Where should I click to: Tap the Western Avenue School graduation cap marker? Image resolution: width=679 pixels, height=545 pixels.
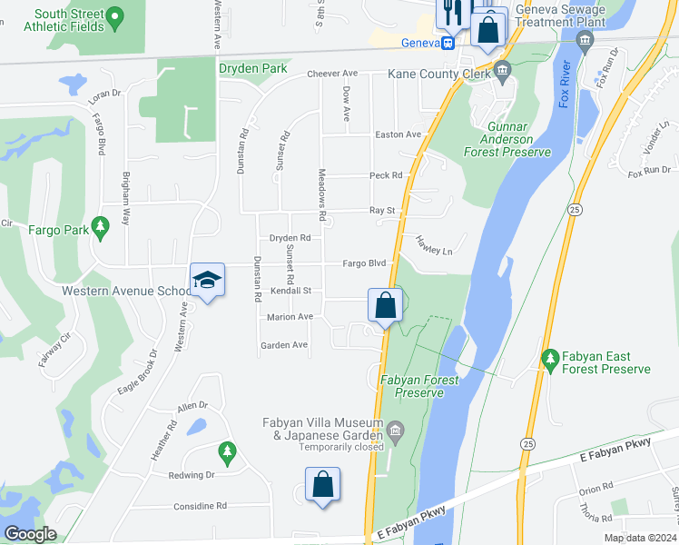coord(207,280)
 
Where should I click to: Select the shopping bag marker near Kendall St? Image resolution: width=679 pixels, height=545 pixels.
coord(385,305)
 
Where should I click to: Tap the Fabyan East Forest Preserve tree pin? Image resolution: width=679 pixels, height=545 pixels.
coord(549,359)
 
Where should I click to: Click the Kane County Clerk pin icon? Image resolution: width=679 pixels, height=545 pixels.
coord(504,70)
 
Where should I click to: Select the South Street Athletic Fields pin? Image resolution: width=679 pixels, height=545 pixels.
coord(113,16)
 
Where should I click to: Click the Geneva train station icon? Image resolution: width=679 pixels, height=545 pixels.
coord(448,42)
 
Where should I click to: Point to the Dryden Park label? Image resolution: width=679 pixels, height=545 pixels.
coord(252,68)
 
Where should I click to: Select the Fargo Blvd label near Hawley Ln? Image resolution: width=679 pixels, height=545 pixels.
coord(364,263)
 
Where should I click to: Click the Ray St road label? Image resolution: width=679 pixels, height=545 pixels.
coord(381,211)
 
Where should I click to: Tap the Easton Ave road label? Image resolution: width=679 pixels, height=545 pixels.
coord(399,134)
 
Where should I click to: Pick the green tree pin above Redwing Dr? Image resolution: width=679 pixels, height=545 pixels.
coord(227,451)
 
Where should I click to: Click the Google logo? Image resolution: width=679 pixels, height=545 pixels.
coord(30,535)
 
